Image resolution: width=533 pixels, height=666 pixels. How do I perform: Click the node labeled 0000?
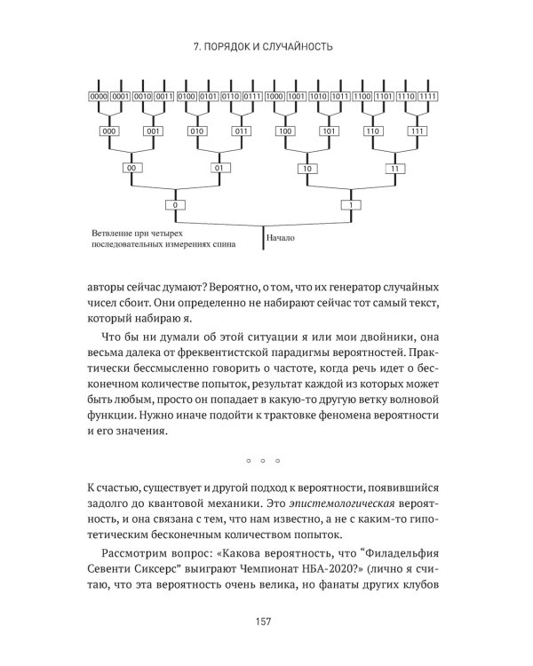click(99, 96)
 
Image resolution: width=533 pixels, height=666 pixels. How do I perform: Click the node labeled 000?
click(109, 131)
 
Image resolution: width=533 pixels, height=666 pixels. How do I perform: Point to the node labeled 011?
click(241, 131)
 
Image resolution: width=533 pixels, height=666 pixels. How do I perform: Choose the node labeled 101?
click(329, 131)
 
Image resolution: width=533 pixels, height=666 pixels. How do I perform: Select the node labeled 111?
click(416, 131)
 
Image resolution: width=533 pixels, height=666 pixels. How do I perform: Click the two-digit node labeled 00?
click(131, 167)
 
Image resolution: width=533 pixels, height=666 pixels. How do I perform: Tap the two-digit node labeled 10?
click(306, 167)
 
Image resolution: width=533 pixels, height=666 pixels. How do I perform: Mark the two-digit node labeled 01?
click(219, 167)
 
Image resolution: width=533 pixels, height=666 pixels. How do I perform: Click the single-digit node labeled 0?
click(175, 205)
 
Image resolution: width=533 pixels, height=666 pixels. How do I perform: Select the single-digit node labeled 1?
click(350, 205)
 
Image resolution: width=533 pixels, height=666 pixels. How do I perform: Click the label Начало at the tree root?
click(284, 238)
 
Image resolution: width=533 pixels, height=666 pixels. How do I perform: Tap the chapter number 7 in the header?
click(197, 46)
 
